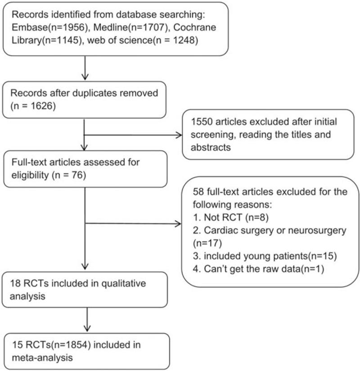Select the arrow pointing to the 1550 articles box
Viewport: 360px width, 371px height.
coord(178,135)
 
